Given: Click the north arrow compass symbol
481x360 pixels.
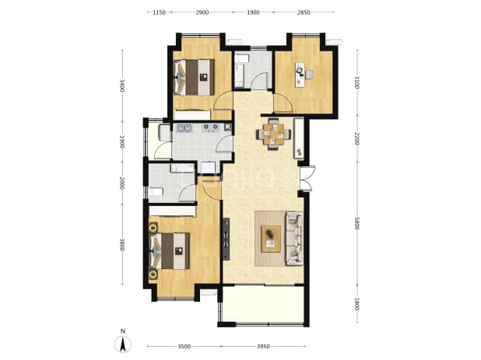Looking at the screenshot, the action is pyautogui.click(x=123, y=344).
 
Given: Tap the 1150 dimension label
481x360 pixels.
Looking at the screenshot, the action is pyautogui.click(x=160, y=12).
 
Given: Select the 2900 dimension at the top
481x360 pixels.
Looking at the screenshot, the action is pyautogui.click(x=202, y=12).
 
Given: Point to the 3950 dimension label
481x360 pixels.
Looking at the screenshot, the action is pyautogui.click(x=263, y=347).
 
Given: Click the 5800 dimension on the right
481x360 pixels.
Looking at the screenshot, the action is pyautogui.click(x=356, y=223).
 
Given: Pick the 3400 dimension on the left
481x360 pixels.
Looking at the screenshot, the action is pyautogui.click(x=122, y=86).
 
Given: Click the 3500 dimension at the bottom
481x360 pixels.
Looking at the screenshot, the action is pyautogui.click(x=184, y=347).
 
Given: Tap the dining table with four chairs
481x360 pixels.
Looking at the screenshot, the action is pyautogui.click(x=274, y=134).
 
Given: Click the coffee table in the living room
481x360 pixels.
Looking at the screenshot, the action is pyautogui.click(x=271, y=239).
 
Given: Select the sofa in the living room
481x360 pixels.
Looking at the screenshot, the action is pyautogui.click(x=294, y=239).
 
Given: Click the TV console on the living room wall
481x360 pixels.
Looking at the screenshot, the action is pyautogui.click(x=226, y=239).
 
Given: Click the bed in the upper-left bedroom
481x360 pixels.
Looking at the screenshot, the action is pyautogui.click(x=194, y=77).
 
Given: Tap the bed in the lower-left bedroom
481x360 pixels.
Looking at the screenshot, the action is pyautogui.click(x=169, y=251).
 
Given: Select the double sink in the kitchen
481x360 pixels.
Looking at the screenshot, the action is pyautogui.click(x=184, y=128).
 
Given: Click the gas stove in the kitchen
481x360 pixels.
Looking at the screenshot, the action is pyautogui.click(x=211, y=128).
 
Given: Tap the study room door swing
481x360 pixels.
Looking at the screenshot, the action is pyautogui.click(x=283, y=103).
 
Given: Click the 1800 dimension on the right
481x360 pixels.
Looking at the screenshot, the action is pyautogui.click(x=356, y=304).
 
